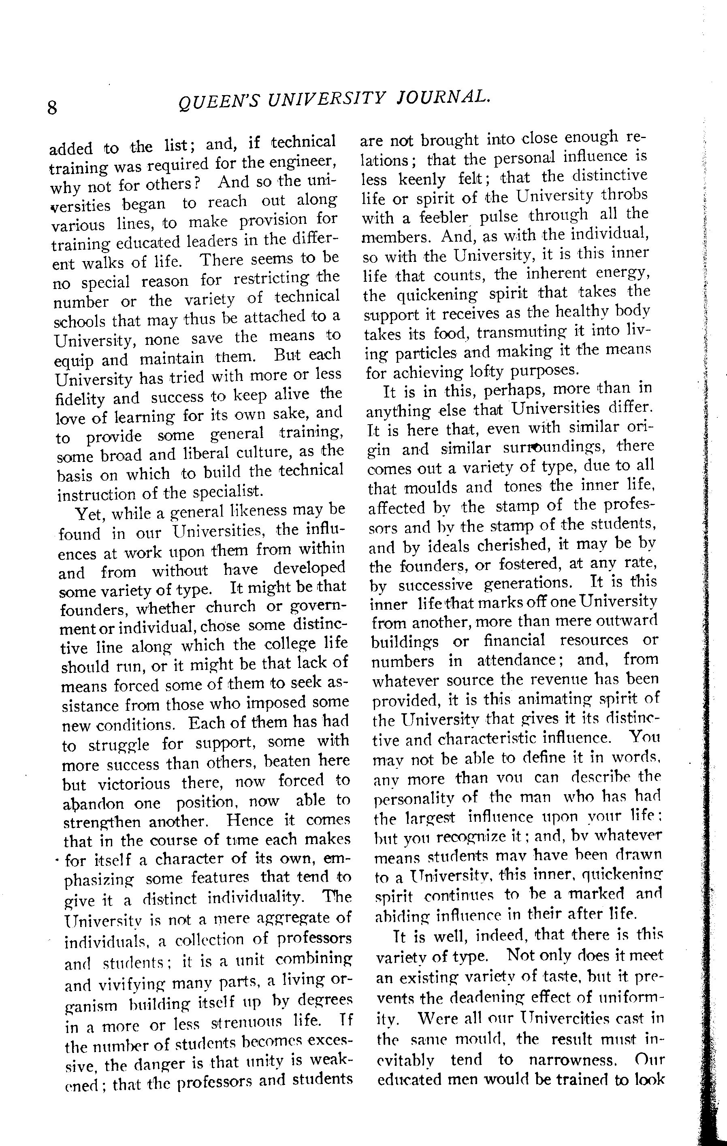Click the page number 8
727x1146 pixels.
click(52, 108)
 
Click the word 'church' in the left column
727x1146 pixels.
click(231, 607)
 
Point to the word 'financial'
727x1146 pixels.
click(514, 641)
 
